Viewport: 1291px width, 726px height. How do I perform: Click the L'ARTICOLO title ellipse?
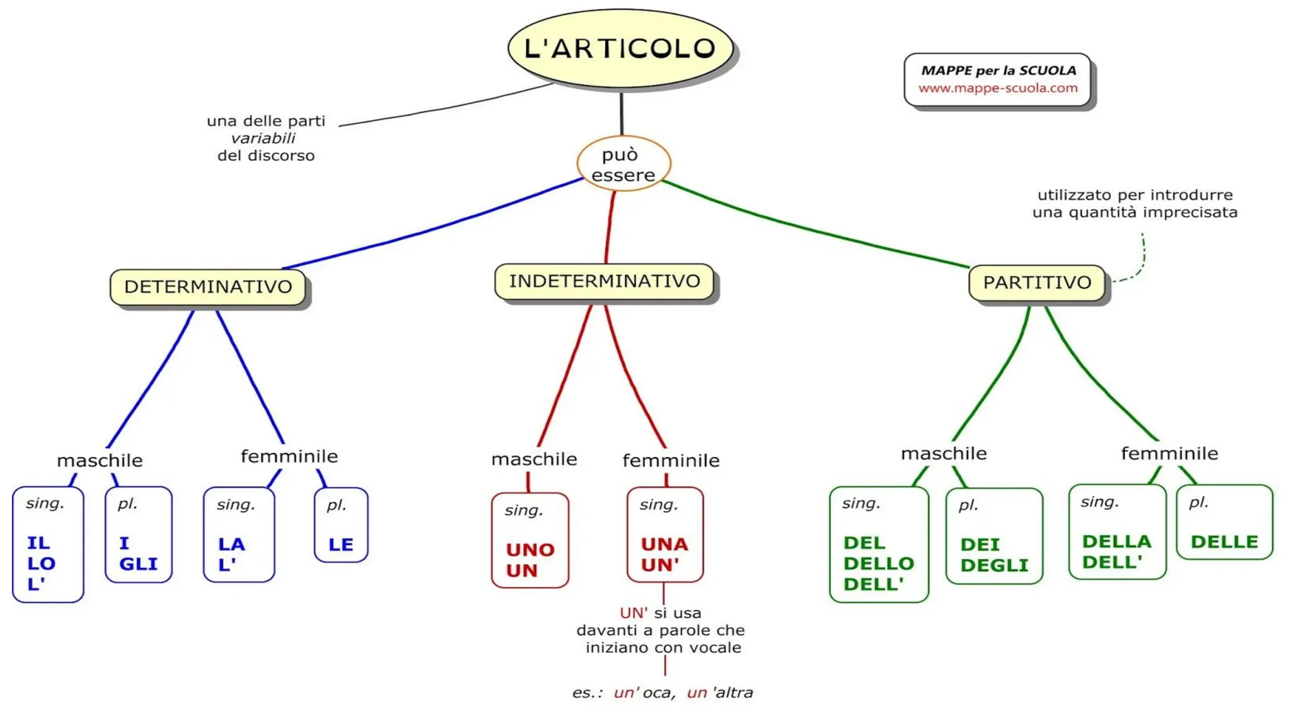620,49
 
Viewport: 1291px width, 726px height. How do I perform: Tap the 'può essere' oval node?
623,164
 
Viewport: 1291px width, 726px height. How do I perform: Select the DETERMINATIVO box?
208,287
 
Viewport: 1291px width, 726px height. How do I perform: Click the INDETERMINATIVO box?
605,281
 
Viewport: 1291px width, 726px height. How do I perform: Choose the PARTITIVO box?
1037,282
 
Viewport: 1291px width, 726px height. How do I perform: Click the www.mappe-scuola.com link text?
998,88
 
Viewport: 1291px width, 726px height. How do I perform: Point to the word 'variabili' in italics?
263,138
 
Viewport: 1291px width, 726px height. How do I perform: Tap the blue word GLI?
138,564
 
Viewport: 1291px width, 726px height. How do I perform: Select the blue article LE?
341,544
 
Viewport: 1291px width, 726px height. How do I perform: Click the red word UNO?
530,550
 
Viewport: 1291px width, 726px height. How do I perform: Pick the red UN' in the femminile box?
660,565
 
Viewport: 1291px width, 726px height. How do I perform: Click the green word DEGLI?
994,566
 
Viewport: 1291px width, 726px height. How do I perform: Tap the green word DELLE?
1224,542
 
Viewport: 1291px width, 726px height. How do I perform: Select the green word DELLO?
879,563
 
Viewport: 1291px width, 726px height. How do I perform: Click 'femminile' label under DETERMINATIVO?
289,456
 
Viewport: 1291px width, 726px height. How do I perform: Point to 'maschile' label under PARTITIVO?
944,454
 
